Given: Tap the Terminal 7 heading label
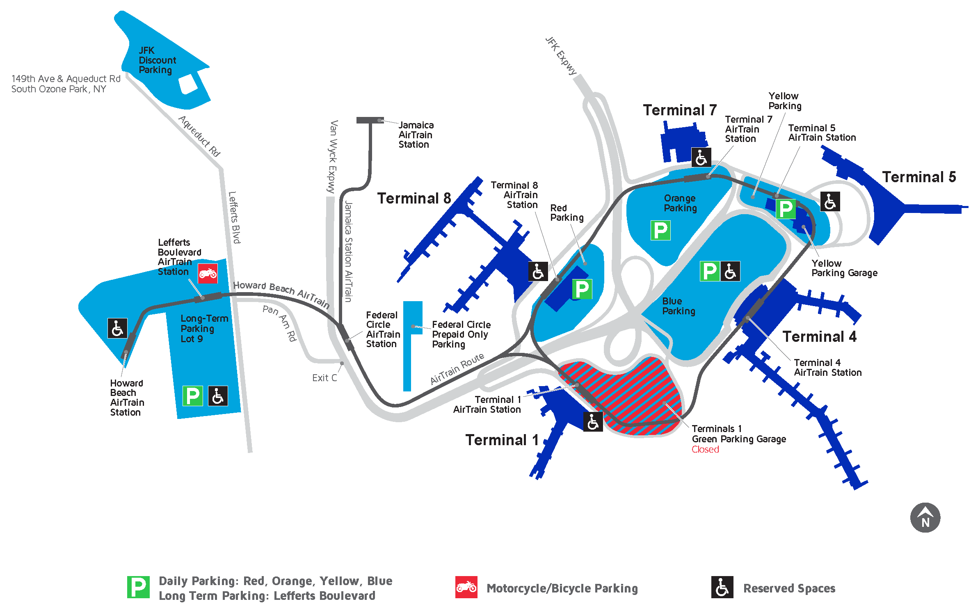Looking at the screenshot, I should tap(679, 110).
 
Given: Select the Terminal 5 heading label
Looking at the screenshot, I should tap(918, 177).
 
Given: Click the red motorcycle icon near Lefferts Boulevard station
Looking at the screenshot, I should tap(208, 273).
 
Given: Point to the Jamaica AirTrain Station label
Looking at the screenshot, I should tap(416, 135).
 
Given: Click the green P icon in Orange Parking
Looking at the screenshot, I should tap(660, 230).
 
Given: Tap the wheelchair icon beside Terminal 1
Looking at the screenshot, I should tap(593, 421).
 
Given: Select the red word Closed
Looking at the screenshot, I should tap(705, 449).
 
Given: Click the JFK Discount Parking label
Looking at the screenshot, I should tap(157, 60).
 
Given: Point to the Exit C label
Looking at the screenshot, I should tap(324, 378).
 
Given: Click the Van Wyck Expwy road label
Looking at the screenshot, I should tap(333, 156).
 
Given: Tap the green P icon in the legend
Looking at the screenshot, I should tap(138, 587).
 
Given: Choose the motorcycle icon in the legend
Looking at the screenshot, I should tap(466, 587).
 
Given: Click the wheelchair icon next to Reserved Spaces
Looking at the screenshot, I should tap(722, 587).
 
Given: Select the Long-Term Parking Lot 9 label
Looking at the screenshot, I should tap(204, 328).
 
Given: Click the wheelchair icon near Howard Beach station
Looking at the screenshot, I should tap(117, 328).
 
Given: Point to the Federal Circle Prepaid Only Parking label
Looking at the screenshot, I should tap(461, 334).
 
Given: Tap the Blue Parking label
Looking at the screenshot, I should tap(679, 306).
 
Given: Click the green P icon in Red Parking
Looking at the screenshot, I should tap(582, 289).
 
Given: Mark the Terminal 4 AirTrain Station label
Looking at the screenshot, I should tap(827, 368).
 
